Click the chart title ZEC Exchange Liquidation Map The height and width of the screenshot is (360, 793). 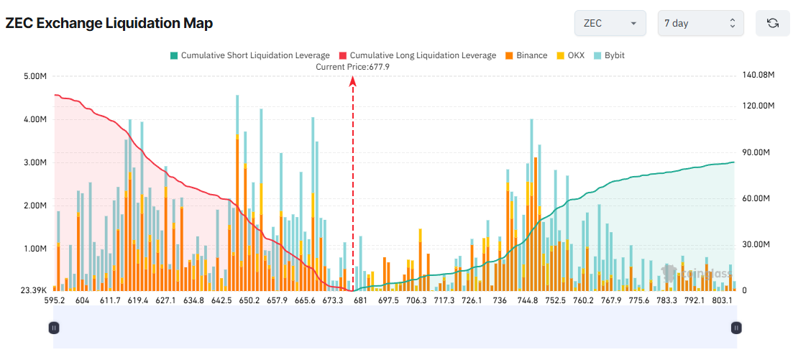pos(109,23)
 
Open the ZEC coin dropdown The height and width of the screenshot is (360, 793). pos(610,23)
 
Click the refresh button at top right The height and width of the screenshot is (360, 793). pos(773,23)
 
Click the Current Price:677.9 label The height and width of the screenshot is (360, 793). pos(352,67)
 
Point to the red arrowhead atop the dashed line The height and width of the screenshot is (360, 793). pos(353,81)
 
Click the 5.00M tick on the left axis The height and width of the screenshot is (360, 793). pos(35,76)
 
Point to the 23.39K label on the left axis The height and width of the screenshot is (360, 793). pos(34,291)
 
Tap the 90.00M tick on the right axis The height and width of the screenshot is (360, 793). pos(756,152)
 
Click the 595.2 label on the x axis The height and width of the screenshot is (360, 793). pos(55,300)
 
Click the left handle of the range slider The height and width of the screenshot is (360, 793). pos(54,328)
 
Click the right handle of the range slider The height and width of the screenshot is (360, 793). pos(735,328)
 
